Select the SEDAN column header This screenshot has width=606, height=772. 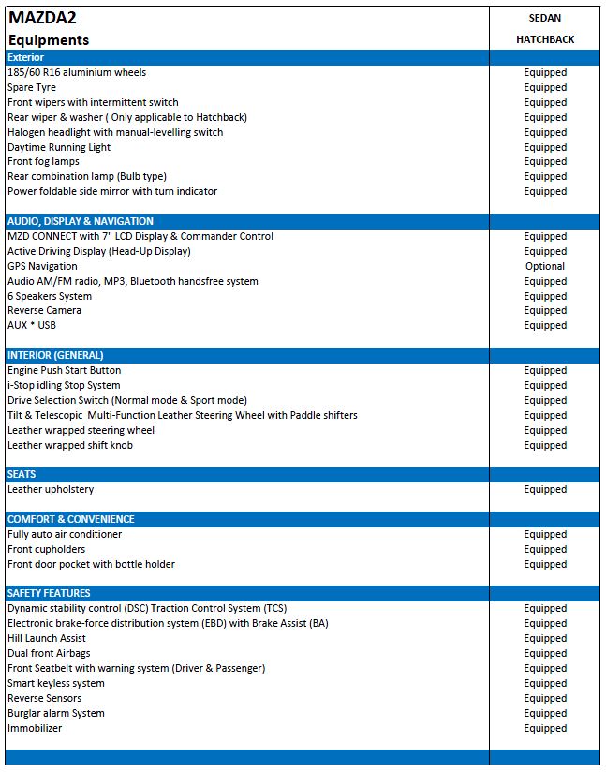544,18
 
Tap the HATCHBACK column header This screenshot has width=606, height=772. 544,39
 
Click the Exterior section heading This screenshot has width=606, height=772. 26,57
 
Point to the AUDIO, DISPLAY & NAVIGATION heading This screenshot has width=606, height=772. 81,221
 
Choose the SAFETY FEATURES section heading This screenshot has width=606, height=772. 49,593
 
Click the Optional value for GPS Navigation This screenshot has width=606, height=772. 545,266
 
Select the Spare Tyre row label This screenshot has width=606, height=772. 32,87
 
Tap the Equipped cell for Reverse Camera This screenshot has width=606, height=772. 545,310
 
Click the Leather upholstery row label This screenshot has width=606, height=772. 51,489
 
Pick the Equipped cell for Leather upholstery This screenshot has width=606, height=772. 545,489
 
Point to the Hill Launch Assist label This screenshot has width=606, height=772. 47,638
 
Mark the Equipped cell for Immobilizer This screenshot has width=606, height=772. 545,728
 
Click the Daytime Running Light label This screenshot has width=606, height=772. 59,147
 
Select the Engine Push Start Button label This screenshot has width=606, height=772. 64,370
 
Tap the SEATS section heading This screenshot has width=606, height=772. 22,474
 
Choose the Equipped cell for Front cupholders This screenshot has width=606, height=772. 545,549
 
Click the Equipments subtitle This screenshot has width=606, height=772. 49,40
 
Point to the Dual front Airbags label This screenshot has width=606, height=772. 49,653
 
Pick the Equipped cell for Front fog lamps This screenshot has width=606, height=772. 545,161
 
